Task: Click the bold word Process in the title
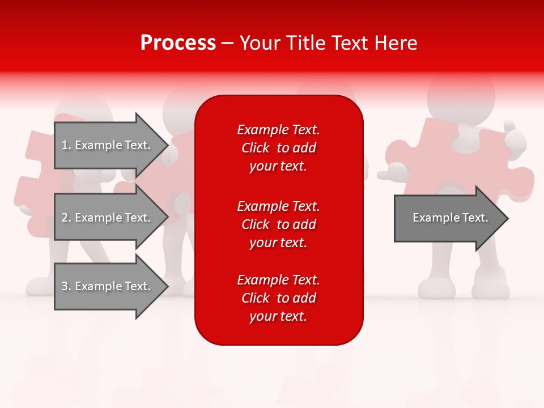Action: (x=178, y=43)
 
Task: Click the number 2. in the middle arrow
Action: (x=66, y=218)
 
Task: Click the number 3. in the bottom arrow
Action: (x=66, y=286)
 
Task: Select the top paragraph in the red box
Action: (x=278, y=148)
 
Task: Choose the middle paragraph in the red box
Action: (x=278, y=224)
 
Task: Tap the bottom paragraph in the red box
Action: (x=278, y=298)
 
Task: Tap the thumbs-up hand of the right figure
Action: (x=513, y=137)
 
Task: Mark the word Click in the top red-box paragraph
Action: (x=255, y=148)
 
